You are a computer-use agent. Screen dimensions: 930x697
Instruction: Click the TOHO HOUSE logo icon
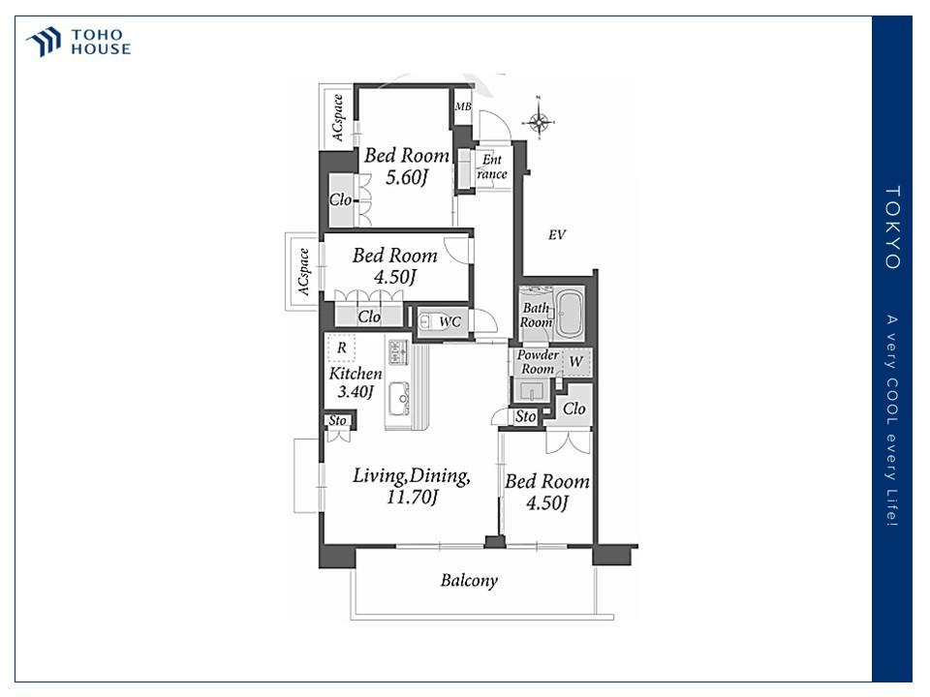click(x=44, y=42)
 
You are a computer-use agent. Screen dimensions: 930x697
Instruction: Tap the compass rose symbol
click(x=539, y=121)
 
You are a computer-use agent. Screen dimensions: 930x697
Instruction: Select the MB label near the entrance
click(x=463, y=106)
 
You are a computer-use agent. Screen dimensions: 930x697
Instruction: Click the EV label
click(x=557, y=234)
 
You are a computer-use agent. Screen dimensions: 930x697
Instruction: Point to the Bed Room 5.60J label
click(x=406, y=166)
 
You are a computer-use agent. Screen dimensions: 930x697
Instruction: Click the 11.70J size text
click(x=413, y=497)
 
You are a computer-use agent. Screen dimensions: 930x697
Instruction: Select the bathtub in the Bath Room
click(x=570, y=314)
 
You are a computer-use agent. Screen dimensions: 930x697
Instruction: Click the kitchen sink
click(x=399, y=397)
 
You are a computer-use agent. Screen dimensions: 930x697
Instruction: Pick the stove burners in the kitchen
click(x=398, y=350)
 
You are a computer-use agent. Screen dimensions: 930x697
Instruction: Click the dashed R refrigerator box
click(x=341, y=348)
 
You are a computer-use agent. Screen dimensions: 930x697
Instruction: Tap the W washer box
click(x=575, y=361)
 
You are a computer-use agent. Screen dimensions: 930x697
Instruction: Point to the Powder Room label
click(x=538, y=361)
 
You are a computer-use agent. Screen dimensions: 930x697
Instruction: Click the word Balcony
click(x=469, y=580)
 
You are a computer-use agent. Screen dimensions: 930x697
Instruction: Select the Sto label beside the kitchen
click(x=337, y=420)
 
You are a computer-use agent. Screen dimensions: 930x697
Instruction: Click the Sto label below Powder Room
click(x=525, y=416)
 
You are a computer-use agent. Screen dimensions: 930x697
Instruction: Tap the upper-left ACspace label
click(x=337, y=117)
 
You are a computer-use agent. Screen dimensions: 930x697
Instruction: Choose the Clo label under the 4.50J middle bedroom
click(x=369, y=317)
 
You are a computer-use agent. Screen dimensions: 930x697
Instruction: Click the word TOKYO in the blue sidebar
click(x=892, y=227)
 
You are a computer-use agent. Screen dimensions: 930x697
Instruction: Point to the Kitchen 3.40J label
click(x=356, y=382)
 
